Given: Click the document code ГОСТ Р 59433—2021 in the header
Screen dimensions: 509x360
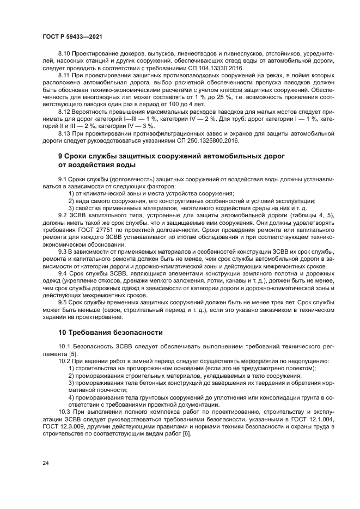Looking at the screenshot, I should point(72,36).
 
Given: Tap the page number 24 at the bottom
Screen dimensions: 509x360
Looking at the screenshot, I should point(45,463).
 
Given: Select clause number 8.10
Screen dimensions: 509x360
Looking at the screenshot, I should point(65,53).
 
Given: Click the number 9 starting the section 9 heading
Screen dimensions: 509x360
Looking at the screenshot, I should point(60,156).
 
